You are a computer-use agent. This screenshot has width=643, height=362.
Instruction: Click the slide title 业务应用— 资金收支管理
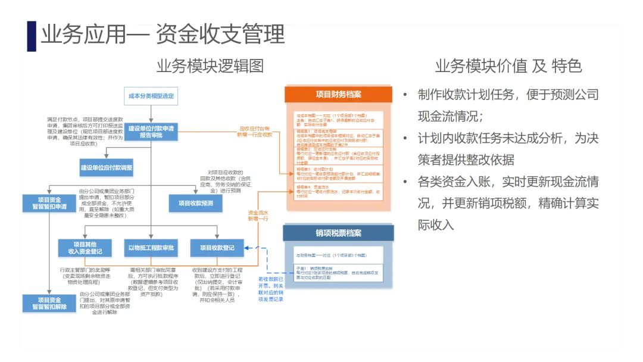(162, 35)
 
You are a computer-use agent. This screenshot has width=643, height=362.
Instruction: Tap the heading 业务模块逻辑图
(210, 65)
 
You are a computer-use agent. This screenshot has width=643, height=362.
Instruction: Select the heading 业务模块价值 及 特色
(508, 65)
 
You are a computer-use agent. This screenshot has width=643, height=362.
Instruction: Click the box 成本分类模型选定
(152, 96)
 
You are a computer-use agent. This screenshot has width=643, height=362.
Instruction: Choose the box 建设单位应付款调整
(107, 167)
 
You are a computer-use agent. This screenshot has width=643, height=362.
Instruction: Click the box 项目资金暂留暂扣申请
(49, 202)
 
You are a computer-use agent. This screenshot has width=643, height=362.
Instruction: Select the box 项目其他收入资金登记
(85, 248)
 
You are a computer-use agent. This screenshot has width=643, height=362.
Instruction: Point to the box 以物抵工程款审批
(151, 248)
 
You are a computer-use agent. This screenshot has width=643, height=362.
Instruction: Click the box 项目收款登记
(217, 248)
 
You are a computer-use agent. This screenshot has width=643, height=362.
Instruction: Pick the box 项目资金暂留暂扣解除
(49, 303)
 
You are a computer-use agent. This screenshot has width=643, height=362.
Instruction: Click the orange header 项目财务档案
(338, 95)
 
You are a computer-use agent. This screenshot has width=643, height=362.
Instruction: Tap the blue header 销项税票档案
(338, 233)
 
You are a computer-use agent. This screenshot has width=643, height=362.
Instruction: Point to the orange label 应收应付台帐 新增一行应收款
(255, 131)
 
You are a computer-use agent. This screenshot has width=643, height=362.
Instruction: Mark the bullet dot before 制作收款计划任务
(405, 95)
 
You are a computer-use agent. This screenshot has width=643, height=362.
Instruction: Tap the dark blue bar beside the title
(32, 36)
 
